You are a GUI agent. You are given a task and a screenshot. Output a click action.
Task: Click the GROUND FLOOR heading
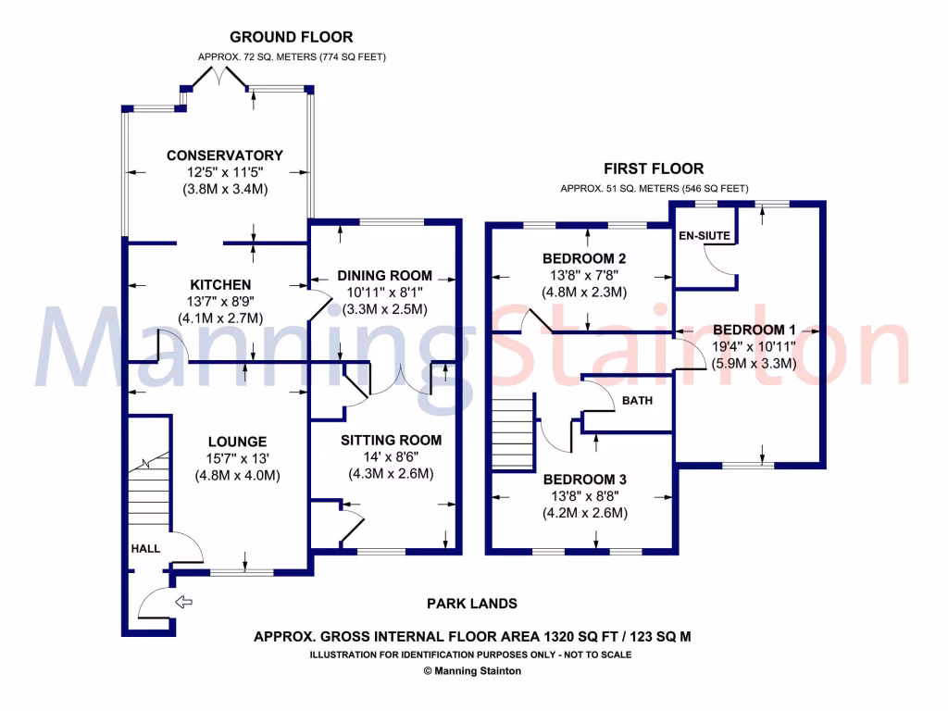[291, 37]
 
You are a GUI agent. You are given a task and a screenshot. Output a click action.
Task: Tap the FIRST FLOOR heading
[654, 168]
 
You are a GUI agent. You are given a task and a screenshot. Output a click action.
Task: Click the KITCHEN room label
[220, 284]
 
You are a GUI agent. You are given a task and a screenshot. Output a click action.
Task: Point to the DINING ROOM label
[384, 275]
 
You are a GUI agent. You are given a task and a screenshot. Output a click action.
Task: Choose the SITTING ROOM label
[391, 440]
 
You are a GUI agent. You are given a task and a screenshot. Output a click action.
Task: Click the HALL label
[144, 548]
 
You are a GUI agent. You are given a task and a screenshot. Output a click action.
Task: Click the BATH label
[637, 401]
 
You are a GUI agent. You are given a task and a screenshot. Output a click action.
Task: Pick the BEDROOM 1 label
[755, 330]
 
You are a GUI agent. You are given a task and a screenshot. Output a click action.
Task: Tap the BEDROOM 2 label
[584, 258]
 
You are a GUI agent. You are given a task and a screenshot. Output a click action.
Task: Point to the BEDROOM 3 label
[584, 480]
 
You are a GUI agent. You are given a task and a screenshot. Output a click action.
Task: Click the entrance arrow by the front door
[183, 603]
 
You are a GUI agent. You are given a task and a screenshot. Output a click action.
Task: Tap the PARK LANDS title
[471, 604]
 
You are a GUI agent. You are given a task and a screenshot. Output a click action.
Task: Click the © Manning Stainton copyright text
[471, 671]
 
